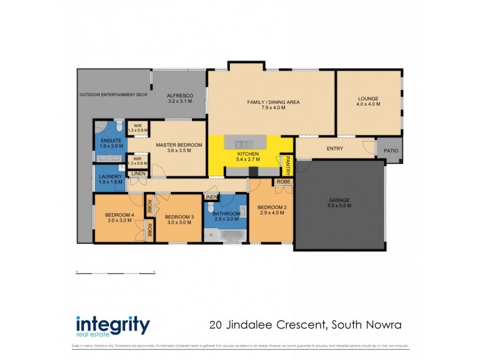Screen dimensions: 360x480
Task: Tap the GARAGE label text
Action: (339, 200)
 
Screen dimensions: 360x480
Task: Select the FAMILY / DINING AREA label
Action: (273, 102)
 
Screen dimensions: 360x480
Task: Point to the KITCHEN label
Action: (248, 154)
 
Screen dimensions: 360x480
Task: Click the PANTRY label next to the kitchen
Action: (287, 164)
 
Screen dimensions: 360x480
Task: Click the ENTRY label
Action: (335, 148)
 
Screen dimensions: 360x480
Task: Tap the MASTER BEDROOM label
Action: (179, 145)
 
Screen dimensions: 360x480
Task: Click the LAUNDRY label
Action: (110, 176)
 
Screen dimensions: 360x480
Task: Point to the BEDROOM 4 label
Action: (119, 215)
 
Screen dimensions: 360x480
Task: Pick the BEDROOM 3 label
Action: (178, 217)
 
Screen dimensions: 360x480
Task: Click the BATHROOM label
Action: (226, 214)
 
